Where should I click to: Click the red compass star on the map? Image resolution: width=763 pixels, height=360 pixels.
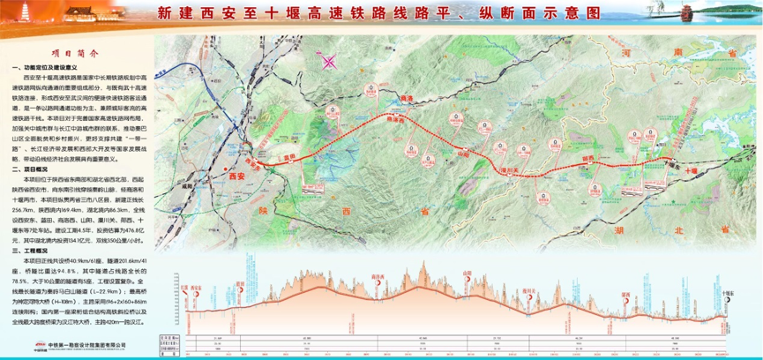click(330, 62)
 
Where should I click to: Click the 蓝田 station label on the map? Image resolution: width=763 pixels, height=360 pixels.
click(287, 158)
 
